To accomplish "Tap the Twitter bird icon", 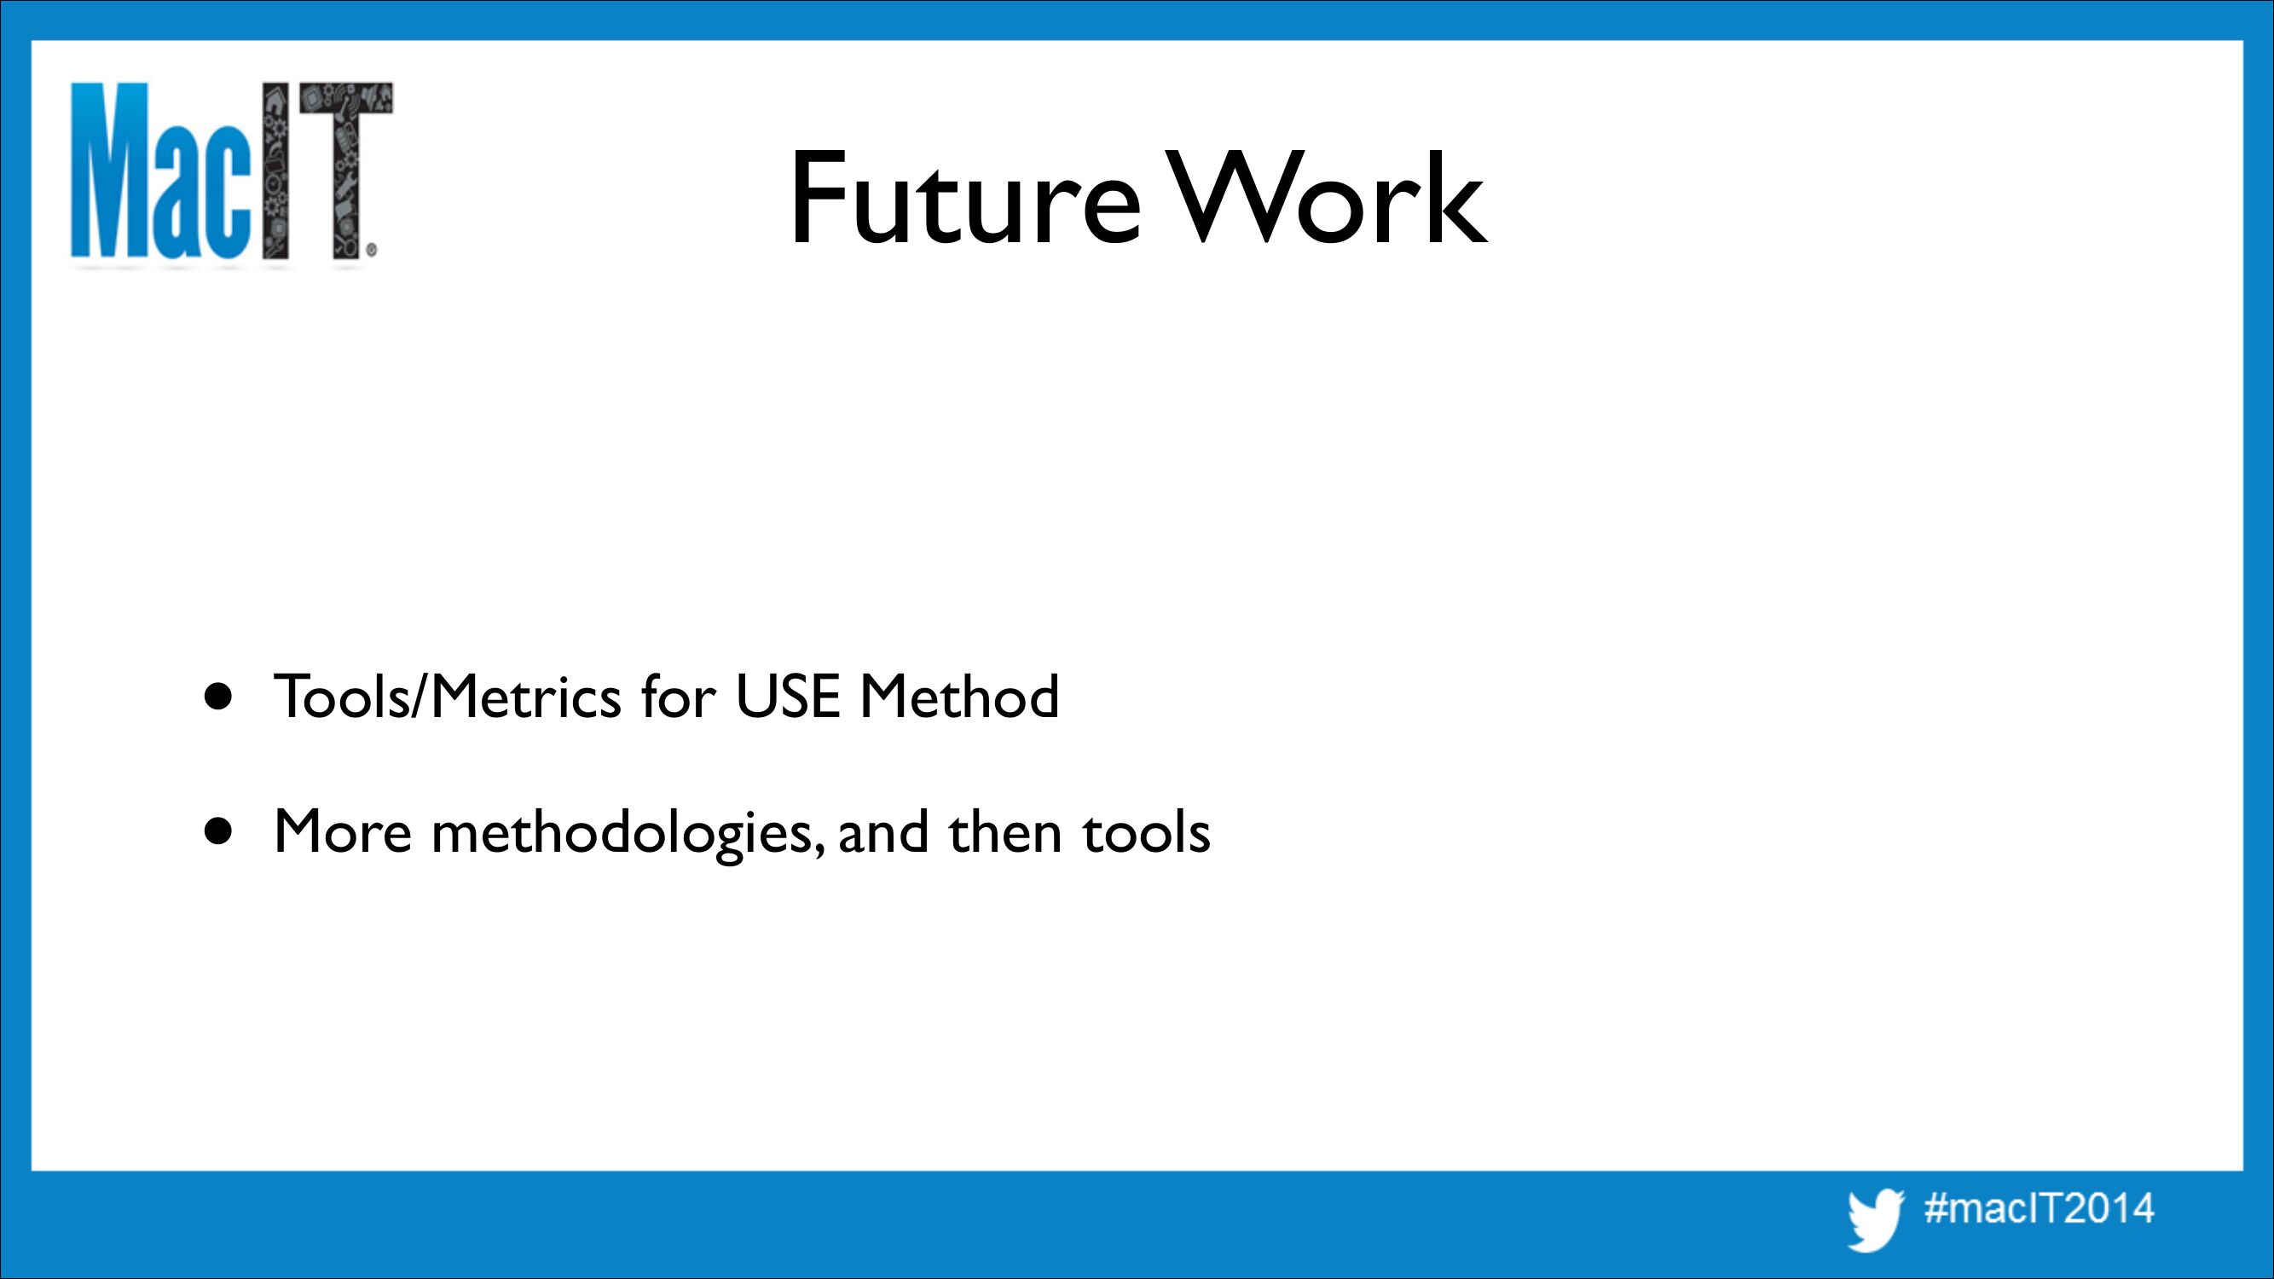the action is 1877,1221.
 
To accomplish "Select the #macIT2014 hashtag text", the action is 2040,1207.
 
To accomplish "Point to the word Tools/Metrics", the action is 448,697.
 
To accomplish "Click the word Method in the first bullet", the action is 959,697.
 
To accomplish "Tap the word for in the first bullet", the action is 678,697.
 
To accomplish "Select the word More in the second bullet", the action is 344,830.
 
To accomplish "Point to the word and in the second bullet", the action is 882,830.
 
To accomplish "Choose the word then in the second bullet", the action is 1004,830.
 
